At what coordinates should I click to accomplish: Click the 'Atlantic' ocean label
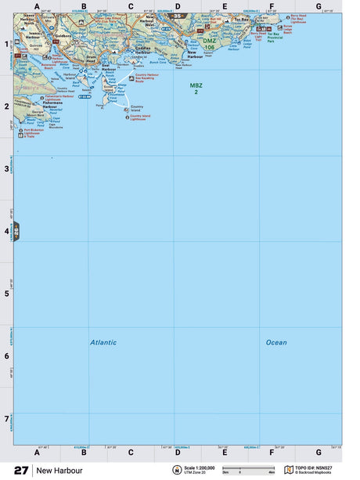[x=103, y=342]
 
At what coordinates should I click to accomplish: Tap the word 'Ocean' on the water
[x=276, y=342]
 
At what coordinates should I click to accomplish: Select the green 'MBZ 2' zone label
[x=196, y=89]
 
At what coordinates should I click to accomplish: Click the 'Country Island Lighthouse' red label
[x=142, y=117]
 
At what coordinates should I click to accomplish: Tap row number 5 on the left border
[x=7, y=294]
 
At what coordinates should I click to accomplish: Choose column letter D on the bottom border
[x=178, y=452]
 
